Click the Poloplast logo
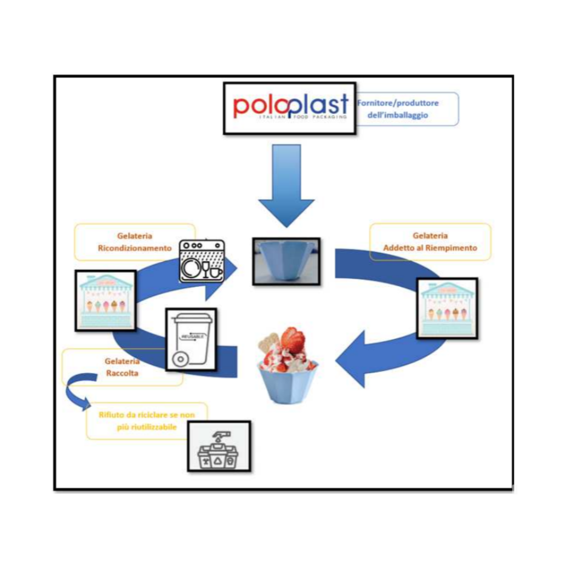pyautogui.click(x=290, y=108)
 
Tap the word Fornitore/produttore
pyautogui.click(x=398, y=103)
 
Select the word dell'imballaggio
pyautogui.click(x=398, y=115)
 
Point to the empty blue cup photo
pyautogui.click(x=286, y=261)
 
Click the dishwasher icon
pyautogui.click(x=202, y=261)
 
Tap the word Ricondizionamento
pyautogui.click(x=135, y=248)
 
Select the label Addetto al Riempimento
pyautogui.click(x=430, y=248)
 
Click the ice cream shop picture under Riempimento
pyautogui.click(x=447, y=308)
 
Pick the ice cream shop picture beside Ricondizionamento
pyautogui.click(x=106, y=300)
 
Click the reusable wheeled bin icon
pyautogui.click(x=191, y=339)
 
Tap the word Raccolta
pyautogui.click(x=122, y=373)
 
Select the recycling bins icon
pyautogui.click(x=219, y=446)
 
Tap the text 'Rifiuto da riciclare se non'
pyautogui.click(x=146, y=415)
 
